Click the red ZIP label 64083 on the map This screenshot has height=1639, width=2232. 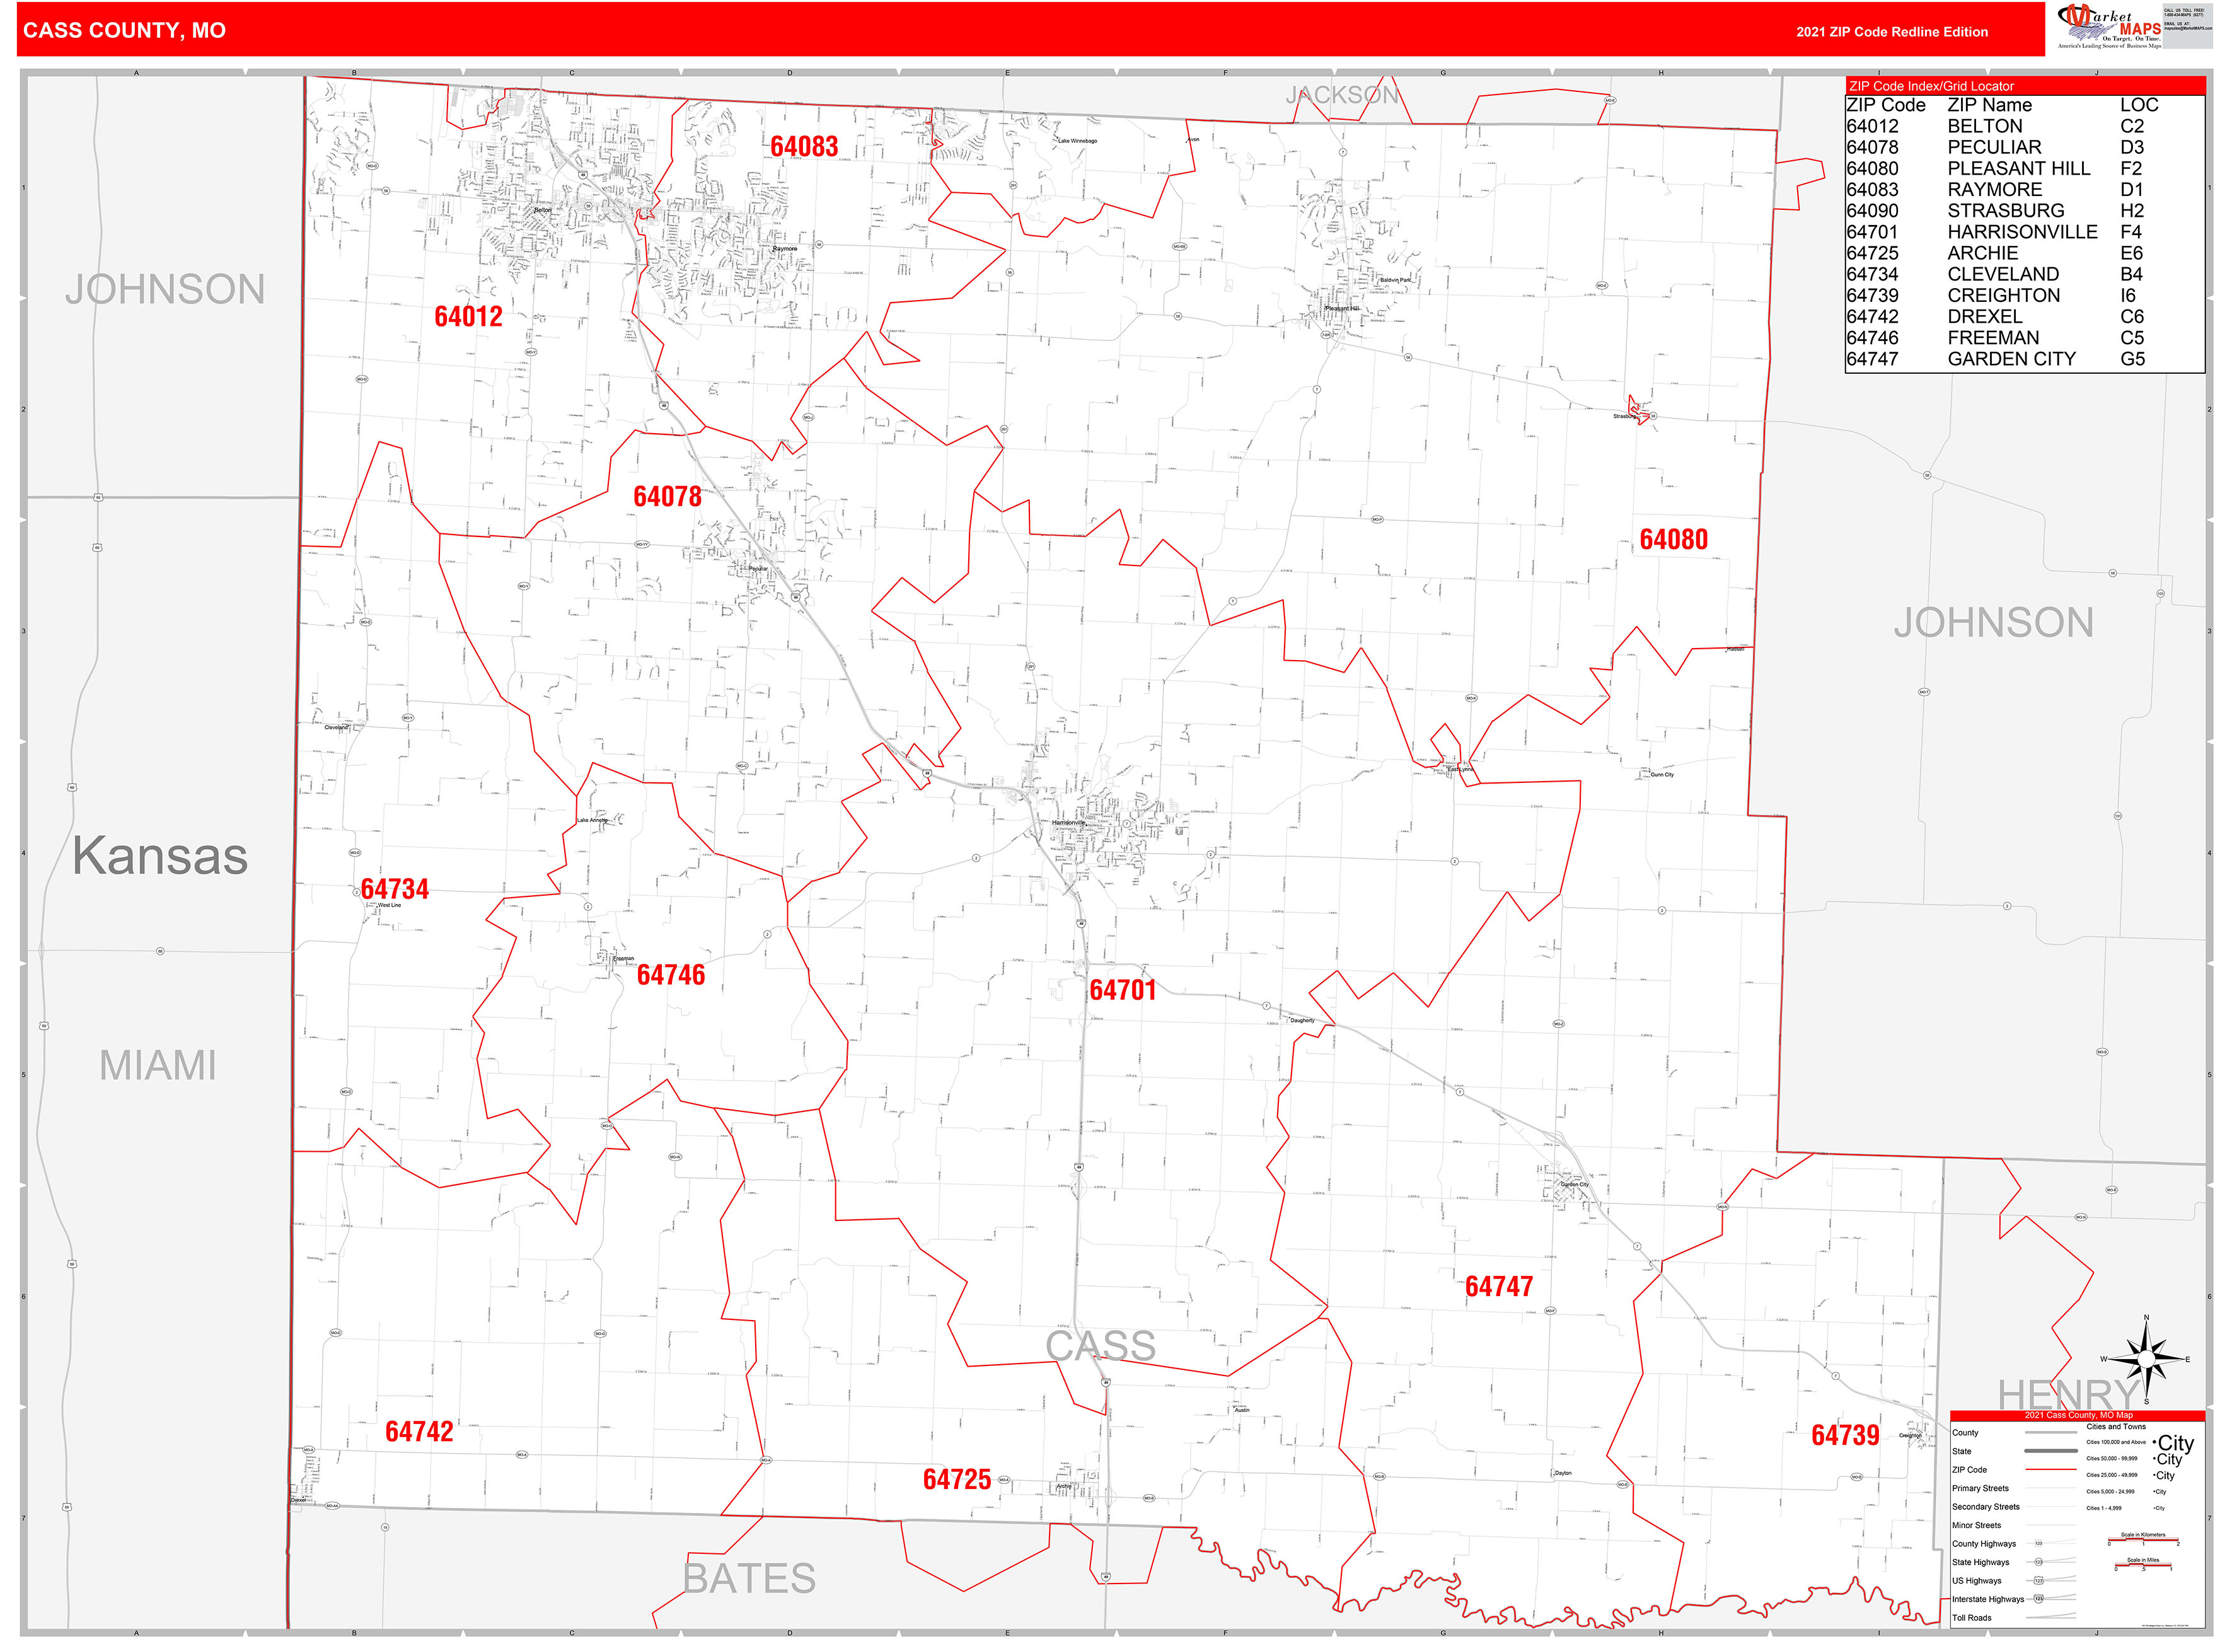point(804,147)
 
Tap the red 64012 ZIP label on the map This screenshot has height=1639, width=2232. point(468,316)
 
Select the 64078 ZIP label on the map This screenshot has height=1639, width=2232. point(667,496)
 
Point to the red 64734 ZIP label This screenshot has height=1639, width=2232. point(395,889)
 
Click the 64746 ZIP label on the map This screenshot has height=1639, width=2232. point(671,975)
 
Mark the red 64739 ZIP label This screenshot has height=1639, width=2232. point(1844,1435)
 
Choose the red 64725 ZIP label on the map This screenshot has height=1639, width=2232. point(956,1480)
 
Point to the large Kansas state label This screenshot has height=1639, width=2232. point(159,855)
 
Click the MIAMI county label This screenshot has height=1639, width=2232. point(158,1065)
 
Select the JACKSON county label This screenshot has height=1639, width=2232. point(1341,95)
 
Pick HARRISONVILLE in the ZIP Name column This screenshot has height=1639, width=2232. point(2021,232)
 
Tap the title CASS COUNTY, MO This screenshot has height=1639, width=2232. point(124,31)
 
